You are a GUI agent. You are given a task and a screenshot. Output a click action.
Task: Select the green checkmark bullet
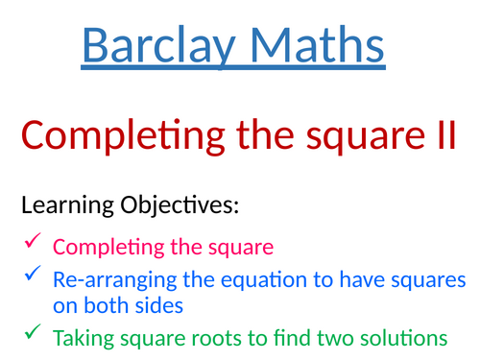point(30,335)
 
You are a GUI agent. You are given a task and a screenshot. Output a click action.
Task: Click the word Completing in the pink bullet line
point(106,248)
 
